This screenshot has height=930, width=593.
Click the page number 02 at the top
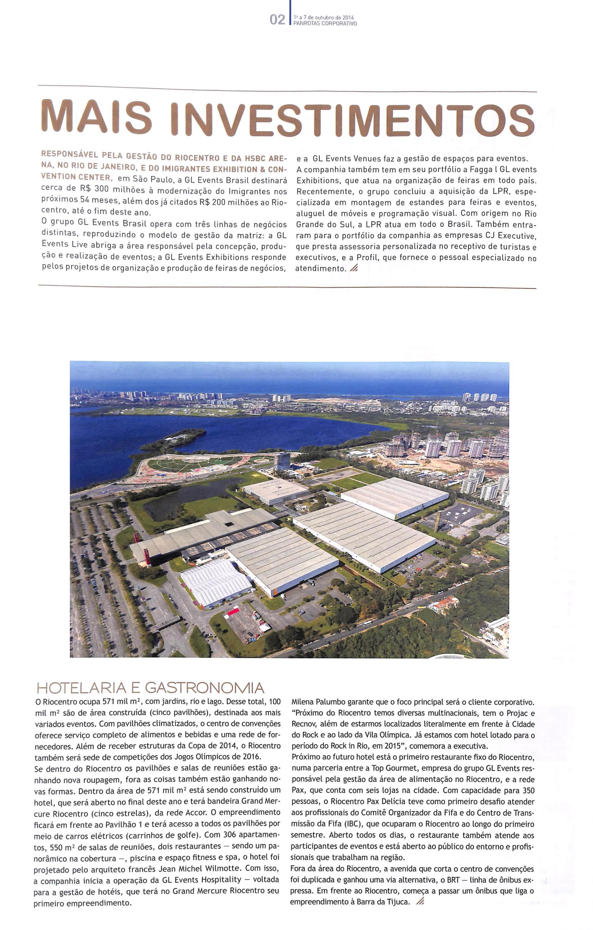coord(277,20)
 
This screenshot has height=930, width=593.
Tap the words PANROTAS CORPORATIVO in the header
coord(325,24)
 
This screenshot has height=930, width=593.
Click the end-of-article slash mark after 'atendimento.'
coord(353,269)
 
